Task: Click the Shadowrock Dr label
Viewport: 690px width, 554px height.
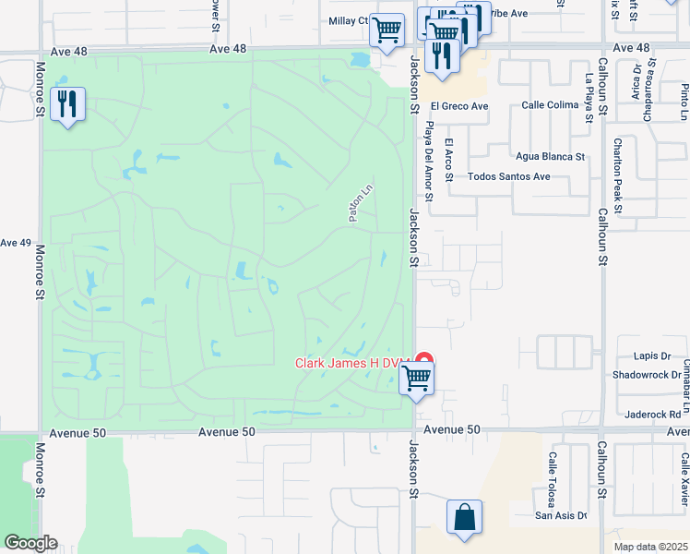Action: point(647,376)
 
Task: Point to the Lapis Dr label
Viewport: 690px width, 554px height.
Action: point(652,355)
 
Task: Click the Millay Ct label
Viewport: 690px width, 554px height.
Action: point(348,20)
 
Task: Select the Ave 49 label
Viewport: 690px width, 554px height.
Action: point(16,243)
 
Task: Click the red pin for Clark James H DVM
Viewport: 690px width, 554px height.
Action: point(424,360)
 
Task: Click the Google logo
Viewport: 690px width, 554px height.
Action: point(30,543)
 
